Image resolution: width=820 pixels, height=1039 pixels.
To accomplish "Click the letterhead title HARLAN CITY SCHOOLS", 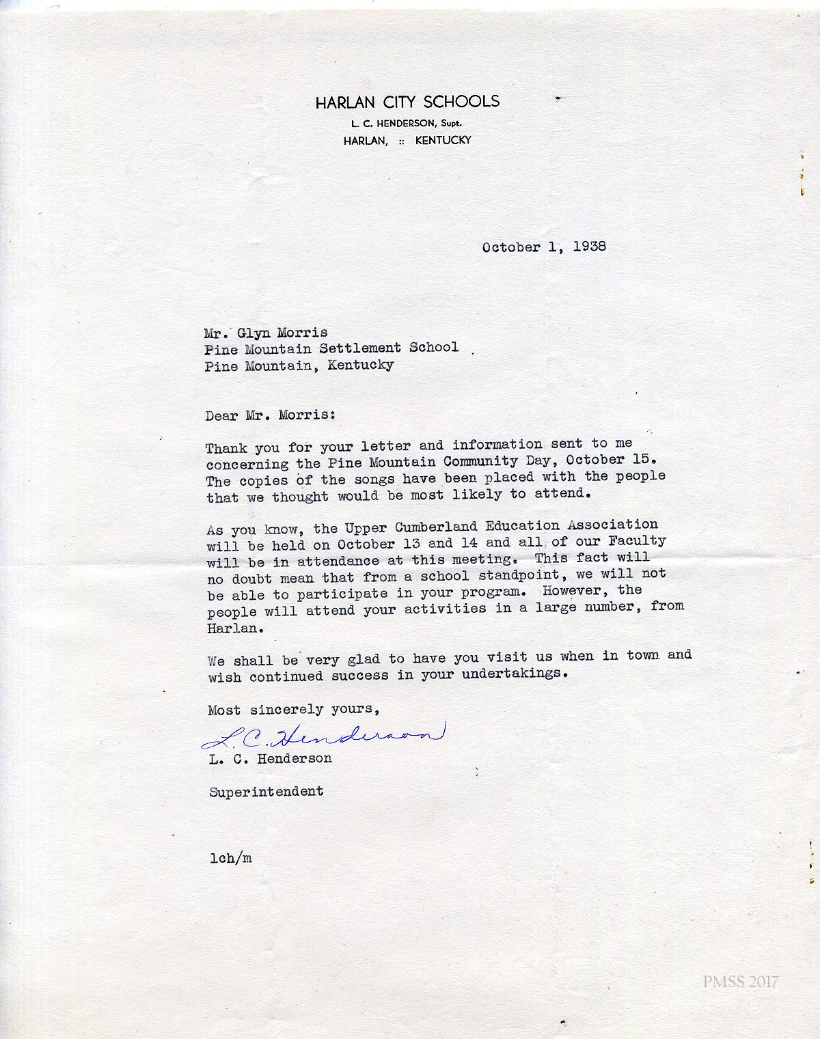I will pos(407,102).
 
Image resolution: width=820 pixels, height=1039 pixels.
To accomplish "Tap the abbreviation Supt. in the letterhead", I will pos(451,124).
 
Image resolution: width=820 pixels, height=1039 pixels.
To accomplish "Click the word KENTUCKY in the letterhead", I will pos(443,140).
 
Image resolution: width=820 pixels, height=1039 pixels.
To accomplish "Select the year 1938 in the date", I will pos(589,246).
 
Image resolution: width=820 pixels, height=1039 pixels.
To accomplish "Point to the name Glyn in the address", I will pos(253,333).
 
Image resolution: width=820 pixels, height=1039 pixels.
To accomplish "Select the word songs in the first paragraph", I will pos(374,479).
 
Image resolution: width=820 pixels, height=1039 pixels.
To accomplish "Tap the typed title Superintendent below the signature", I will pos(266,792).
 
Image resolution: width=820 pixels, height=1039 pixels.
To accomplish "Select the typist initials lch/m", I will pos(231,858).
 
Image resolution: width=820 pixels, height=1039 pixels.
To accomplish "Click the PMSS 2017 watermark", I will pos(741,982).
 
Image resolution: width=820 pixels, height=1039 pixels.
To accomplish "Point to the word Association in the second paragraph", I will pos(612,525).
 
